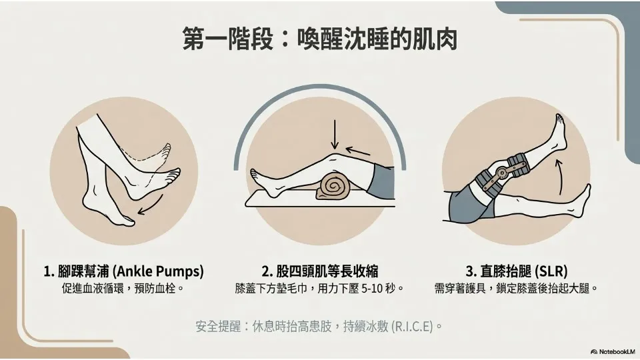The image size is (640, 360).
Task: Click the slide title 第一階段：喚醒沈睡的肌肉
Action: coord(319,39)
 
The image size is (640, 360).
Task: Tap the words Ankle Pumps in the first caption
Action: coord(158,271)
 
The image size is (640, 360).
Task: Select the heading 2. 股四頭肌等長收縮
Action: coord(320,271)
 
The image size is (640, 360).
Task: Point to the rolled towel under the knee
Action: coord(334,186)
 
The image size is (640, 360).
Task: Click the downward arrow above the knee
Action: coord(335,134)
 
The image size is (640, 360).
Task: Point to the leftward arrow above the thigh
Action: coord(358,151)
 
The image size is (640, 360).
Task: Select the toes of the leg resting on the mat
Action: coord(255,175)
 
